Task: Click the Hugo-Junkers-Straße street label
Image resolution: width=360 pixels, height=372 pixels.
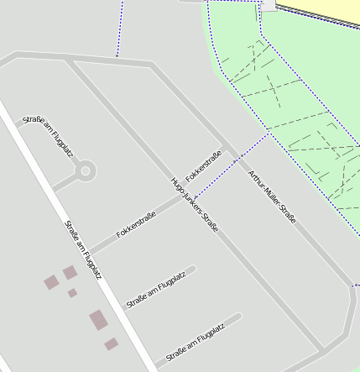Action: [x=194, y=204]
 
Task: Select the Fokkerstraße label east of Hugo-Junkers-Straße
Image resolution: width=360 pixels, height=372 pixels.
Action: [x=204, y=167]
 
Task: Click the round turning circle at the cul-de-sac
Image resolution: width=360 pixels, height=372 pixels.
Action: [x=85, y=171]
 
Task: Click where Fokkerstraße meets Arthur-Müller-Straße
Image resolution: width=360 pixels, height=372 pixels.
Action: [x=229, y=153]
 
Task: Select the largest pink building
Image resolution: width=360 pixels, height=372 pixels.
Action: [x=98, y=320]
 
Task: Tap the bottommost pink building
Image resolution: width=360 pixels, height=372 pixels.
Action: [x=111, y=344]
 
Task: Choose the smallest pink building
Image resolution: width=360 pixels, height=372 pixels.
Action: [x=72, y=293]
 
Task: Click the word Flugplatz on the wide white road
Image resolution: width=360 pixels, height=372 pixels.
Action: [x=94, y=265]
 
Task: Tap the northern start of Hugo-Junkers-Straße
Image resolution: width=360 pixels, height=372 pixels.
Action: [x=67, y=60]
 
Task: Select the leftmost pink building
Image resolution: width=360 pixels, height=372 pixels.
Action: [x=51, y=281]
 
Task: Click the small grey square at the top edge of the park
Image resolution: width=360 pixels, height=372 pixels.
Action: [x=268, y=5]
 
